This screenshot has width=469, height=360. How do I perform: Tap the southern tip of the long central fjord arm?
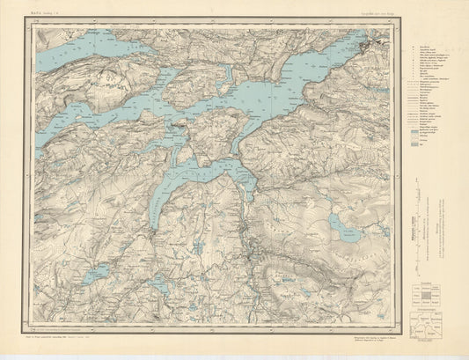point(155,226)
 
